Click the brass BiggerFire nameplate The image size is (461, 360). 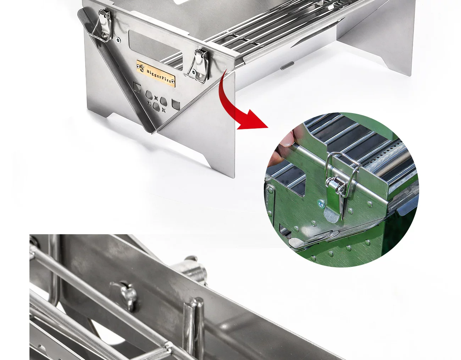tap(156, 74)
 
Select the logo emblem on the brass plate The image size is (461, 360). tap(141, 67)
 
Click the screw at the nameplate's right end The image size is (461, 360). tap(173, 81)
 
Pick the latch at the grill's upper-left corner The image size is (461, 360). tap(102, 26)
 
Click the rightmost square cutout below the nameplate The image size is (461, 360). tap(176, 105)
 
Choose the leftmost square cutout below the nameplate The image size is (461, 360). tap(137, 87)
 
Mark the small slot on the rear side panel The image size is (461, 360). tap(287, 65)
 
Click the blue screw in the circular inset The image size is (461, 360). tap(320, 204)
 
